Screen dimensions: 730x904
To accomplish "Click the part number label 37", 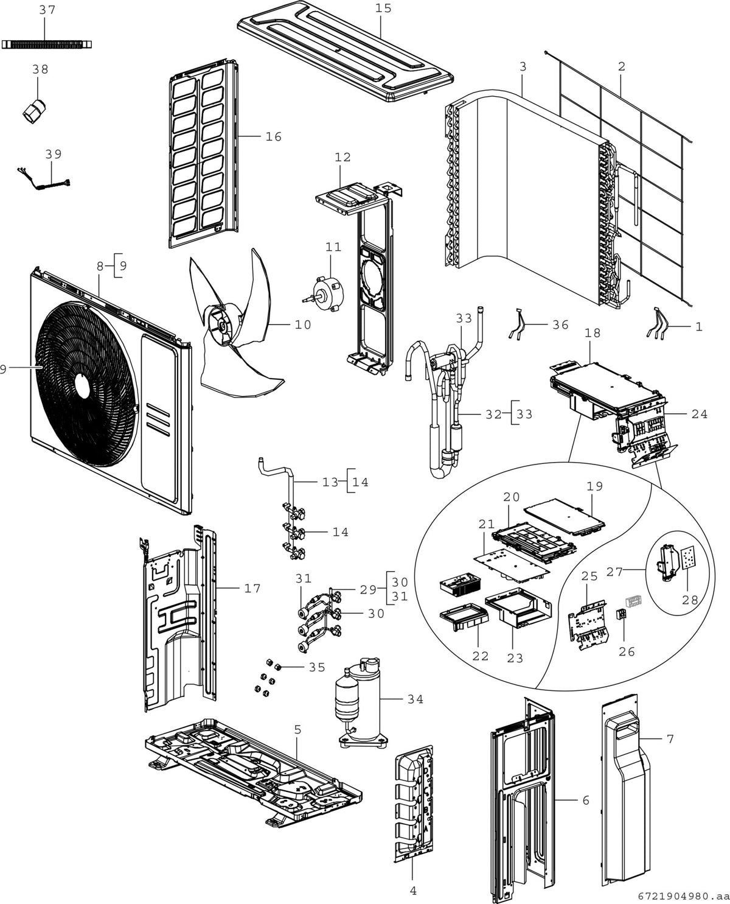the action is click(x=47, y=10).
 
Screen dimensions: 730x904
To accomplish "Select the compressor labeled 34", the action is click(x=361, y=704).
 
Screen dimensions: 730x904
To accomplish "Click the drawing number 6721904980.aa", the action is click(x=683, y=896).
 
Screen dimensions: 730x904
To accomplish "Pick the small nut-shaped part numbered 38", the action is click(x=34, y=111).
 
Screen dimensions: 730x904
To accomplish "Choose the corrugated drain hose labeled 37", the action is click(x=47, y=44).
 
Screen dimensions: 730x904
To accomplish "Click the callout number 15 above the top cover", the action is click(x=383, y=9).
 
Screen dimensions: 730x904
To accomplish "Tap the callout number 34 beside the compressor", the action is click(x=415, y=699).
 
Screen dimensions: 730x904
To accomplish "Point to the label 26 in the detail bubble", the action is click(x=627, y=651).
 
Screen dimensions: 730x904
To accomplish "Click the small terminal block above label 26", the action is click(x=621, y=615).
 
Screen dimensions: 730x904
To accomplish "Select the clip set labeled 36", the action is click(x=518, y=324).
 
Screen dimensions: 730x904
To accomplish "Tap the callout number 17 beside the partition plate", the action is click(x=252, y=588).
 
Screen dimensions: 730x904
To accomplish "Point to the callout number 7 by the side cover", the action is click(x=670, y=739).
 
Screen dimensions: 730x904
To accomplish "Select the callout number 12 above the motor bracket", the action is click(x=342, y=157).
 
